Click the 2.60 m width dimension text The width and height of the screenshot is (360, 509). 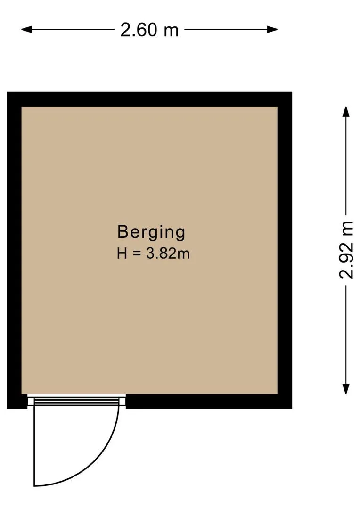(x=149, y=30)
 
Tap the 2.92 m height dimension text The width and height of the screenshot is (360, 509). (x=346, y=250)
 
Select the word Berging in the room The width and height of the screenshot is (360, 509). (x=151, y=232)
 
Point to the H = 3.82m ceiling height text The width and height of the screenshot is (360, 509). (x=153, y=254)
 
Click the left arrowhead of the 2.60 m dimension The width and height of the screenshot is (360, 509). (x=26, y=30)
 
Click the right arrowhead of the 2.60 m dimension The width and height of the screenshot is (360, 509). (x=272, y=30)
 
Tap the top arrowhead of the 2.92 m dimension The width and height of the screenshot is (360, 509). (x=346, y=112)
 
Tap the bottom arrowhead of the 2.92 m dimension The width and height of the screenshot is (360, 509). (x=346, y=389)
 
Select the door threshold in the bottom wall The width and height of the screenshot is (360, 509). (x=77, y=401)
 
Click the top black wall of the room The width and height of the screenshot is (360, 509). (x=149, y=99)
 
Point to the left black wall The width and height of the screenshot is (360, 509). (x=14, y=250)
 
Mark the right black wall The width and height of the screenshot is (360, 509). (x=285, y=250)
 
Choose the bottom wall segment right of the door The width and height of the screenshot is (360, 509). (x=209, y=401)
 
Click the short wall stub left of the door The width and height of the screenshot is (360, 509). (x=17, y=401)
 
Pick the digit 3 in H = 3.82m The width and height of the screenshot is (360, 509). (x=150, y=254)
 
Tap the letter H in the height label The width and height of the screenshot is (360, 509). (x=122, y=254)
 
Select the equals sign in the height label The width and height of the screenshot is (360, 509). (x=137, y=254)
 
